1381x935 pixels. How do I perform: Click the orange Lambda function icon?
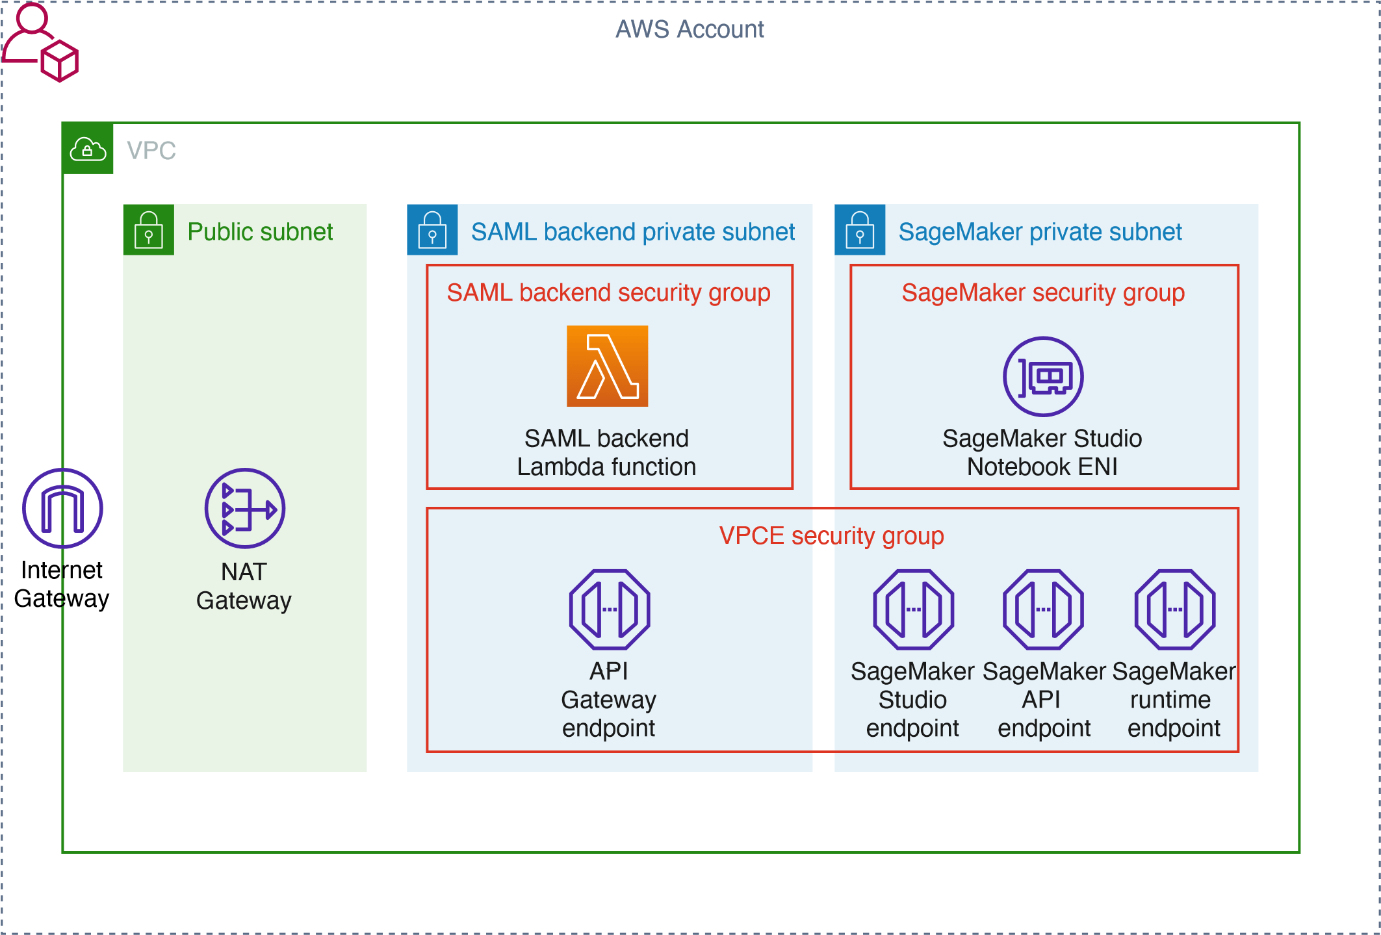607,366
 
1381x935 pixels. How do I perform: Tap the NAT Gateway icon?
245,508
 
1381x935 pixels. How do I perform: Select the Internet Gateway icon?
62,508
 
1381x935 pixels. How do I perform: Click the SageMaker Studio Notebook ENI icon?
1043,376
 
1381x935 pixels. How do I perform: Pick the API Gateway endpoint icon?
610,609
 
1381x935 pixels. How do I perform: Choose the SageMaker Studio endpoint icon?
913,609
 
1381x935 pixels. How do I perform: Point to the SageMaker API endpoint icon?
1043,609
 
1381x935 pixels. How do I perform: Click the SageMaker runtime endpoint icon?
1174,609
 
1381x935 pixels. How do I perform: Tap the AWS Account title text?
690,29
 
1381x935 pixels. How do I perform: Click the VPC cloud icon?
88,149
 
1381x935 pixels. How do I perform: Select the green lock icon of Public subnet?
149,230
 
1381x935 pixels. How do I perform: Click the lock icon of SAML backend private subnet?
432,230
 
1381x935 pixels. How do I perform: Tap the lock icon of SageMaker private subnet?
860,230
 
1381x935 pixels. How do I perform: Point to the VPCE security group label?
831,536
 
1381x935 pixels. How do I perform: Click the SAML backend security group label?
608,293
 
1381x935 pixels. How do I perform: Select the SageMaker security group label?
1043,293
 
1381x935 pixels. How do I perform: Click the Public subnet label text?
260,232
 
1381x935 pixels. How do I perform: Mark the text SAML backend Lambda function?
606,453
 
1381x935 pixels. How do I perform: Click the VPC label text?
151,151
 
